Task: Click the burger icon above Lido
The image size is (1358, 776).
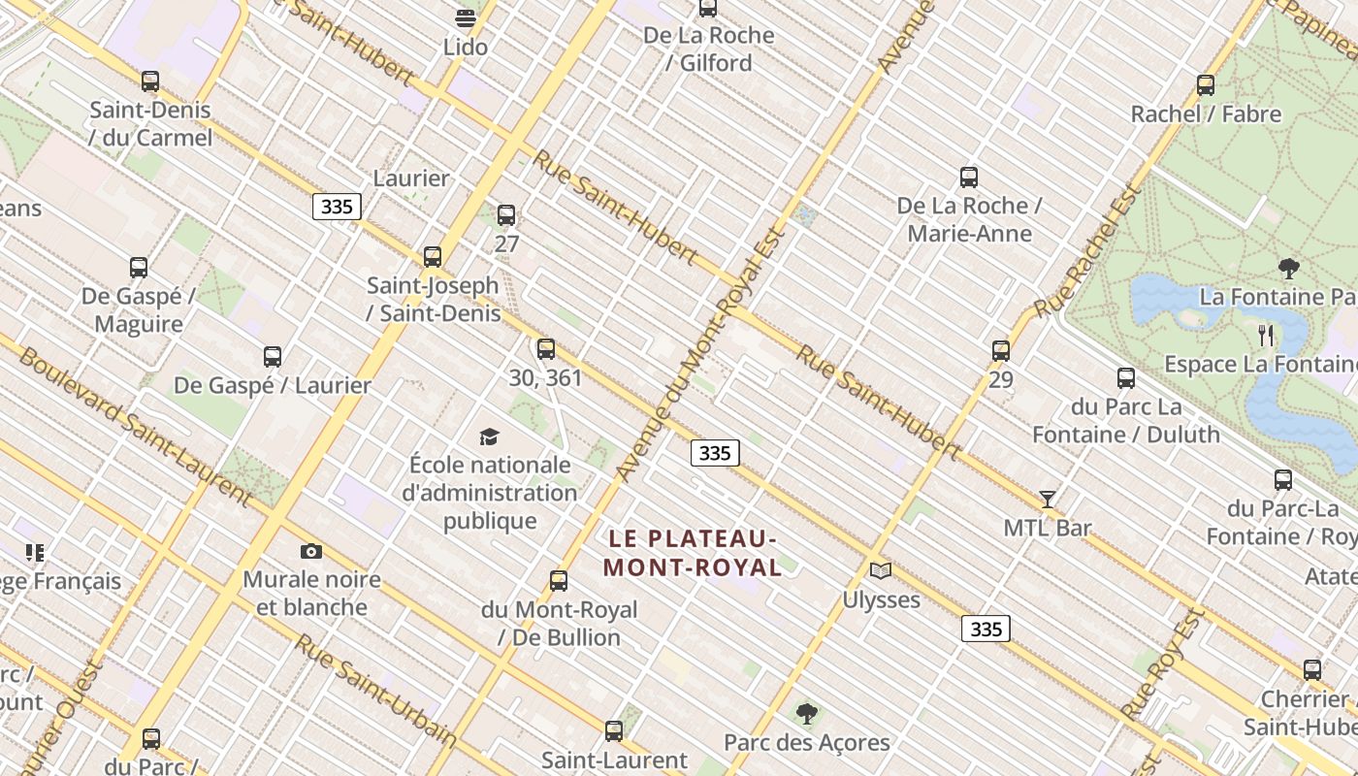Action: coord(466,18)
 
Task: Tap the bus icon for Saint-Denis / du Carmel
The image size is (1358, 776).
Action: coord(150,81)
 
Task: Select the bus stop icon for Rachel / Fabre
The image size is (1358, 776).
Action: coord(1206,85)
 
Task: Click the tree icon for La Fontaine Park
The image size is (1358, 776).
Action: coord(1289,268)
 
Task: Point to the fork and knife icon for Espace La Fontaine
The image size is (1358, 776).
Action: coord(1266,336)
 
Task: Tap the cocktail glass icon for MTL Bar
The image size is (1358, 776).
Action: coord(1048,500)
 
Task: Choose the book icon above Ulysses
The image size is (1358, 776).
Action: coord(881,570)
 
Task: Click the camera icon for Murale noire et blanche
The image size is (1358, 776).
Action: coord(311,551)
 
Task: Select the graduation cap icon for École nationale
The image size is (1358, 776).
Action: coord(490,437)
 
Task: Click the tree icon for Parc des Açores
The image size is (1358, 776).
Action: coord(806,715)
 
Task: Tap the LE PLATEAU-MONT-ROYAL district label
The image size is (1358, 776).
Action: coord(693,553)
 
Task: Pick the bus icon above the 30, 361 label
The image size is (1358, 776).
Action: coord(546,349)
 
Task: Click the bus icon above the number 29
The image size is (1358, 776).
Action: coord(1001,351)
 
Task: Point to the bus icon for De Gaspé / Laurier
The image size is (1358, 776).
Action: coord(273,357)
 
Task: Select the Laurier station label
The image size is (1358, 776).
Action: coord(411,178)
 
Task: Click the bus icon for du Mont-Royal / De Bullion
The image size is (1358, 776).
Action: coord(559,581)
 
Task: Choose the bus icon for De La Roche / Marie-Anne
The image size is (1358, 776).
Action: coord(969,178)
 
